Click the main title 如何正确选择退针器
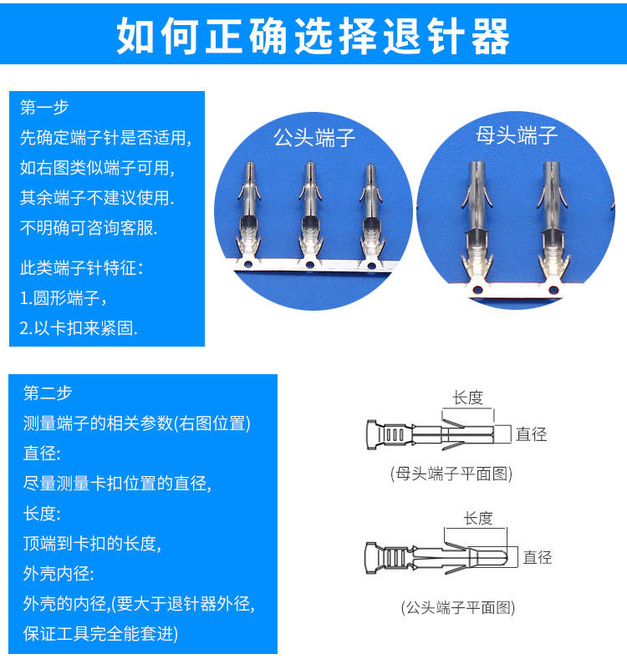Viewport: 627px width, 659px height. (313, 34)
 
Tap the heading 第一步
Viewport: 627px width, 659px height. (44, 108)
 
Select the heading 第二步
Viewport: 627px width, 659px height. (48, 393)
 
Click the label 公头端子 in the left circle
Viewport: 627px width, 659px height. (314, 137)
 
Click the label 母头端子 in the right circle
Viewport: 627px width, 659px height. (517, 135)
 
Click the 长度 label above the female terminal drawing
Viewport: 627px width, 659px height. (468, 398)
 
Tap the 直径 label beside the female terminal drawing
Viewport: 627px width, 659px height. (531, 433)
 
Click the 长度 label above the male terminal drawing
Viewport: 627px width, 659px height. (478, 518)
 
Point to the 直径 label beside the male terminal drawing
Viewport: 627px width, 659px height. (538, 557)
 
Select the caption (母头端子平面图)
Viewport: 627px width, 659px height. (451, 474)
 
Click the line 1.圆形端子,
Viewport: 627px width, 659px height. (64, 298)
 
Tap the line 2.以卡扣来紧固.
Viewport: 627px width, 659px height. (79, 327)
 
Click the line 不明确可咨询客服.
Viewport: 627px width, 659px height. (89, 227)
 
